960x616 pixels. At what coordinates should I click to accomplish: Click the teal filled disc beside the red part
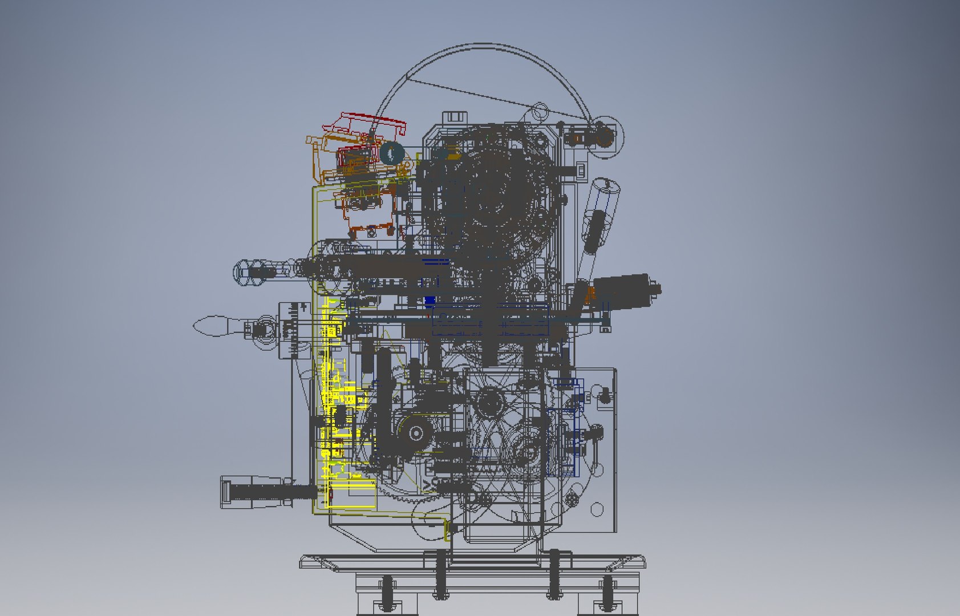click(392, 152)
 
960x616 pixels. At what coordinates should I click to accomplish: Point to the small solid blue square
click(430, 301)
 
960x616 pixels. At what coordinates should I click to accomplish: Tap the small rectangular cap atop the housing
click(454, 116)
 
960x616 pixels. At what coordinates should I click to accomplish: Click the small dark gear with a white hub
click(415, 433)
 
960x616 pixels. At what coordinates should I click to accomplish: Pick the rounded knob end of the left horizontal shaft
click(243, 270)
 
